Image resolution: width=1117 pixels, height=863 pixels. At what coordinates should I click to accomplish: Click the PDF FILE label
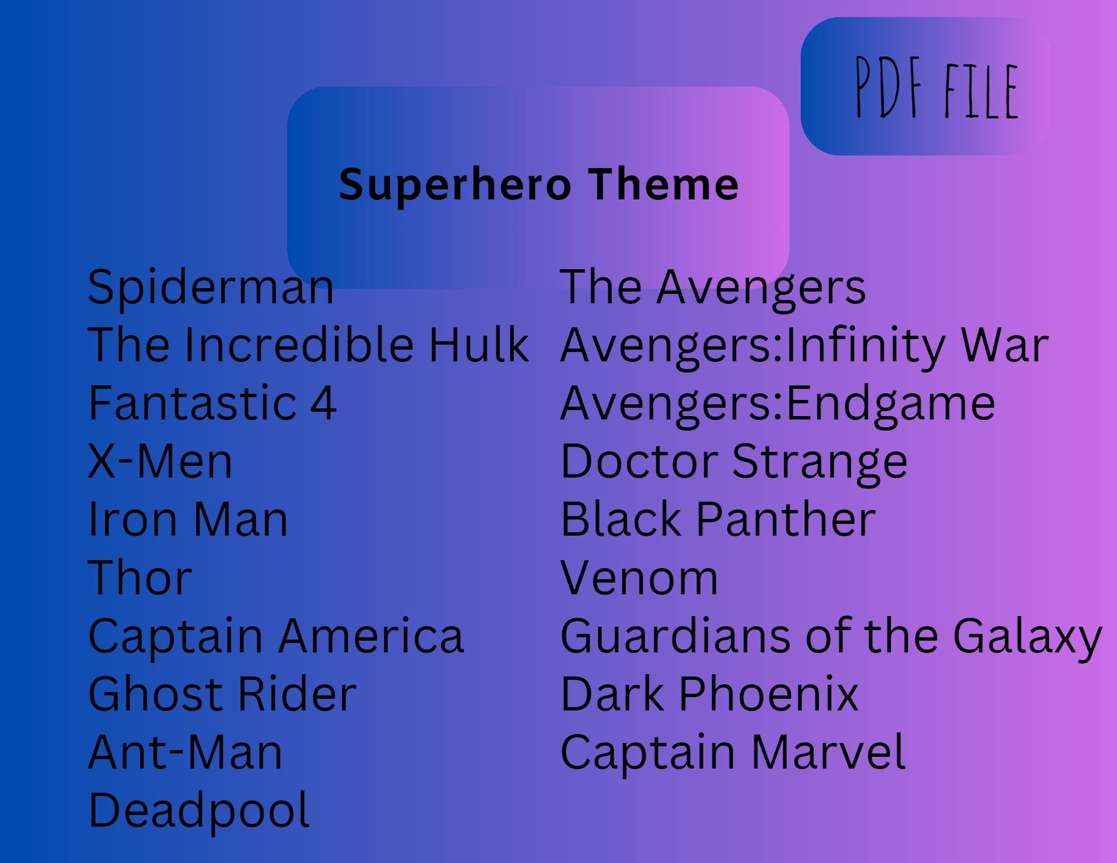tap(937, 89)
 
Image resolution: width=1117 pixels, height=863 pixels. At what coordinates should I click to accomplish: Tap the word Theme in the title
tap(664, 185)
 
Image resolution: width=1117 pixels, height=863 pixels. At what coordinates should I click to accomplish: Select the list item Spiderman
tap(211, 288)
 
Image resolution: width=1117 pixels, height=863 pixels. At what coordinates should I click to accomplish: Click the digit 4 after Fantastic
tap(323, 403)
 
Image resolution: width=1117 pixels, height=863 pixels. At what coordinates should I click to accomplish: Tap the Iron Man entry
tap(188, 519)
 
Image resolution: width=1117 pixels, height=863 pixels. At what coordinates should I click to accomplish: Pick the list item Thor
tap(140, 578)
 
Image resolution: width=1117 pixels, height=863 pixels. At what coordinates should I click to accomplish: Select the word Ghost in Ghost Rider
tap(156, 694)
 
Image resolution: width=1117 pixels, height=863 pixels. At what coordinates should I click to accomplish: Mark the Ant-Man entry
tap(185, 752)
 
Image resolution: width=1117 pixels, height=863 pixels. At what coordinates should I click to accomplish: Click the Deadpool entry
tap(198, 811)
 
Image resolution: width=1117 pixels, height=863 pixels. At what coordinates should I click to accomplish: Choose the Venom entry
tap(639, 578)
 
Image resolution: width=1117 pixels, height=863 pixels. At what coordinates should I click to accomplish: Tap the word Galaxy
tap(1027, 637)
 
